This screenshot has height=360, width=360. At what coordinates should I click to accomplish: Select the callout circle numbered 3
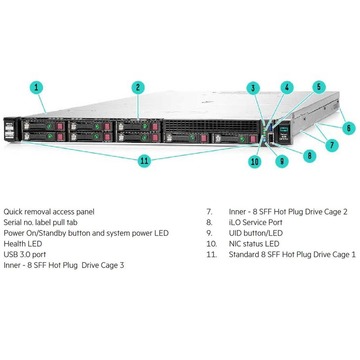254,89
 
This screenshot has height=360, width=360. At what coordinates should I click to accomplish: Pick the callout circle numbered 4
287,87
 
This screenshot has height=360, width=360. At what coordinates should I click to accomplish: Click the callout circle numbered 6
348,128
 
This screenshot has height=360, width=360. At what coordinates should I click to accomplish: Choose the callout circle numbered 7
332,145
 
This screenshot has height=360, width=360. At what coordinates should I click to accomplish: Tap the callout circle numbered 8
309,156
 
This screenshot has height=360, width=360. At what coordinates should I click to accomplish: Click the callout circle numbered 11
144,160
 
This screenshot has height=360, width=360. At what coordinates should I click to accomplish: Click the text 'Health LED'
22,243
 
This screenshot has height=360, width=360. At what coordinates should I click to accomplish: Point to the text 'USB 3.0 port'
25,254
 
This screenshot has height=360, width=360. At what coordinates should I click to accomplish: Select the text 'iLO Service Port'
256,222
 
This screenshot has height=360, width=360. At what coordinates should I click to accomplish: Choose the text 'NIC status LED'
254,243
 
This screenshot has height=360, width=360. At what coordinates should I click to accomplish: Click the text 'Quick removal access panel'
49,211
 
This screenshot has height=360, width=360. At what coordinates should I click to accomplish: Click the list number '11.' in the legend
211,254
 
